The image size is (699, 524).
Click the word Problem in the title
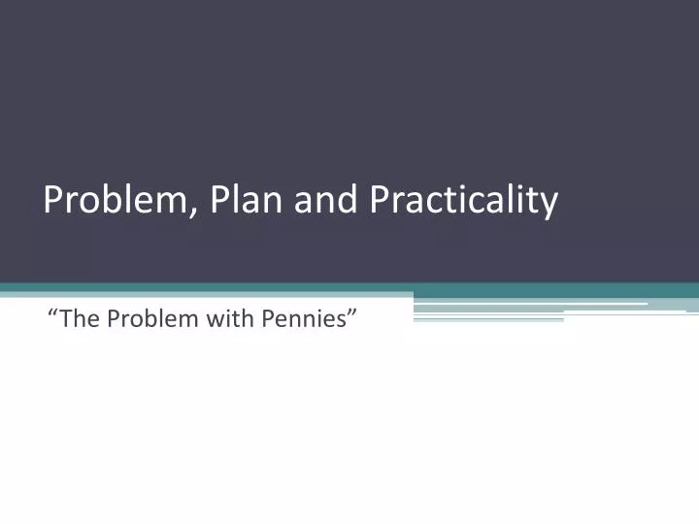coord(119,200)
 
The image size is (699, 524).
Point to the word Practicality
coord(464,200)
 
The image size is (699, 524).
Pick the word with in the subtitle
coord(230,318)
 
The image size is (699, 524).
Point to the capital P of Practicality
coord(380,200)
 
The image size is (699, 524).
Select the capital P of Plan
coord(220,200)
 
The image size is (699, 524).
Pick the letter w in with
coord(214,319)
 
